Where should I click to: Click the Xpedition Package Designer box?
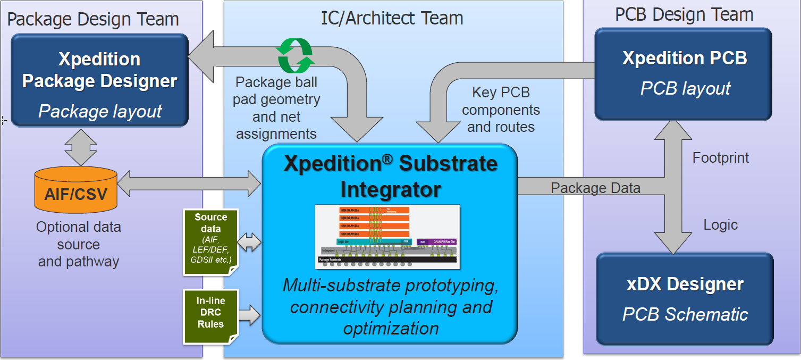click(x=99, y=80)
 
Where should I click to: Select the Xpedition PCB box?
click(x=684, y=73)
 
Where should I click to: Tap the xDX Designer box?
click(x=685, y=299)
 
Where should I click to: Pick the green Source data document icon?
click(x=210, y=242)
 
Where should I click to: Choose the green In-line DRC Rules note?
click(x=210, y=315)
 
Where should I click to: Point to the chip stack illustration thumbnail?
click(x=387, y=236)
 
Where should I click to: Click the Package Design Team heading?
click(x=93, y=20)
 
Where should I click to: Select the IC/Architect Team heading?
click(x=392, y=18)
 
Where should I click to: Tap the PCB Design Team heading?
click(x=684, y=14)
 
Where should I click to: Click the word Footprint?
click(x=721, y=157)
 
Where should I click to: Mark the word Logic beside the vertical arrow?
click(x=721, y=224)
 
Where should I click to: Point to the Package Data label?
click(x=595, y=188)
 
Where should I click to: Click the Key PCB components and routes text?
click(x=501, y=110)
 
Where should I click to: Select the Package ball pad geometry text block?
click(x=277, y=108)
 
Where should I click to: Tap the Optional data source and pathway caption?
click(x=79, y=244)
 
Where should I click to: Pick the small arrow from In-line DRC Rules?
click(x=249, y=315)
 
